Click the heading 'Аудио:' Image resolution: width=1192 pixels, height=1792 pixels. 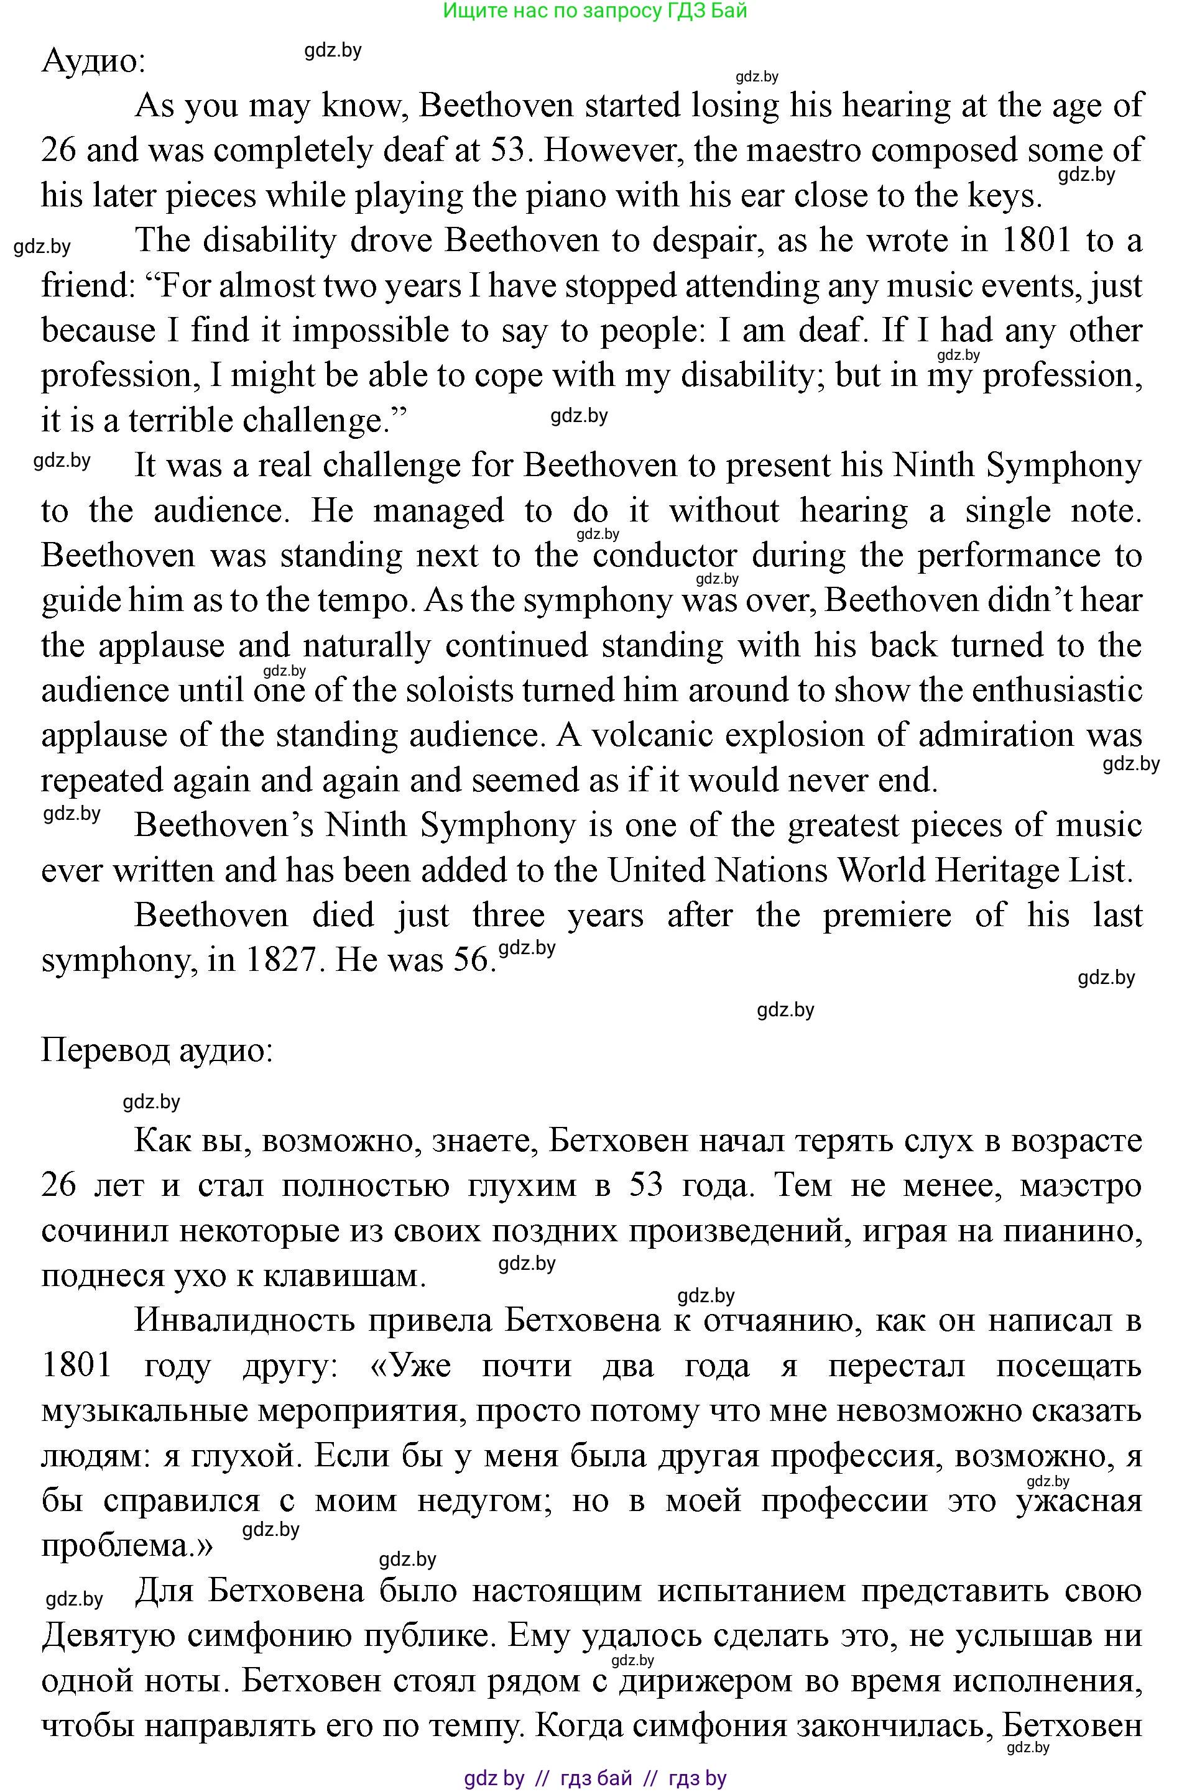tap(93, 60)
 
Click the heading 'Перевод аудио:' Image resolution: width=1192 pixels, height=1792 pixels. tap(157, 1050)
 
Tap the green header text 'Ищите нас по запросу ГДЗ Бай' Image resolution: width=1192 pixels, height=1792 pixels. tap(594, 11)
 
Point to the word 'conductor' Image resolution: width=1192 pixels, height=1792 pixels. tap(665, 556)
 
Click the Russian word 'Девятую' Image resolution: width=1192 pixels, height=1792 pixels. tap(106, 1635)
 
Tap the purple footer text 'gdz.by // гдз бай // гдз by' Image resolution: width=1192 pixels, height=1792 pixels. tap(594, 1778)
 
